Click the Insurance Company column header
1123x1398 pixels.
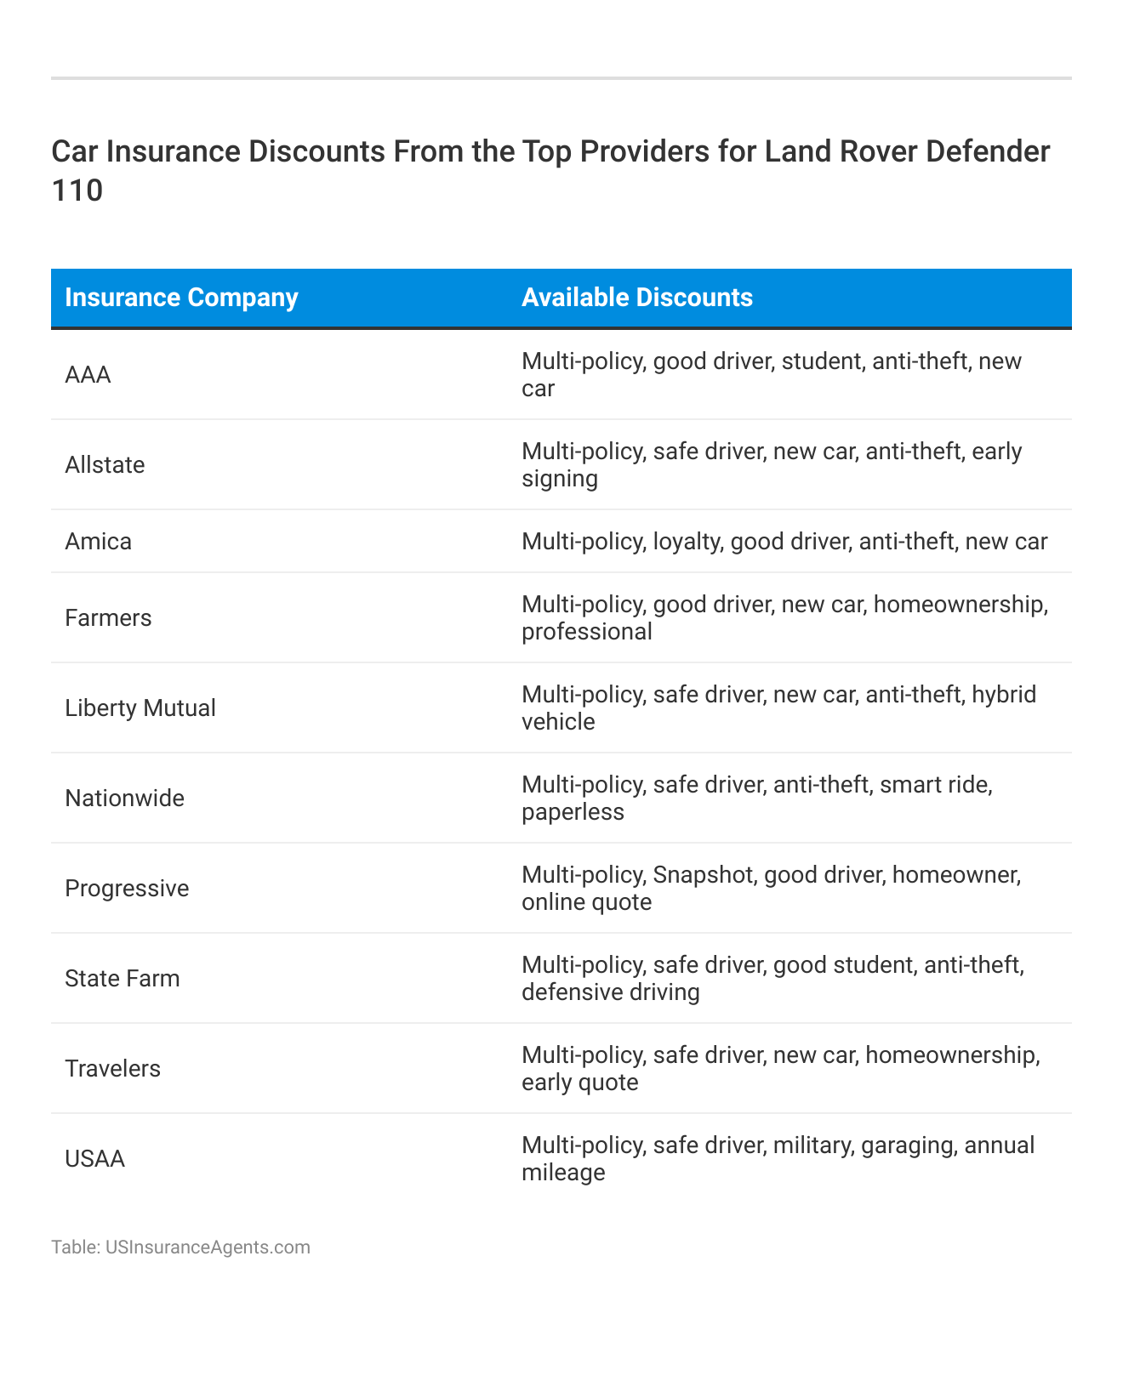[x=181, y=298]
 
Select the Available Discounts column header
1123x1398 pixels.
[x=636, y=298]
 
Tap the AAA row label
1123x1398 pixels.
[x=88, y=375]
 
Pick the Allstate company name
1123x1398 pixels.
[x=105, y=465]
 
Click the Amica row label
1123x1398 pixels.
[x=98, y=542]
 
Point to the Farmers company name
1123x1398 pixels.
[x=108, y=618]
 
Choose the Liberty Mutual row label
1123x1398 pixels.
[x=140, y=708]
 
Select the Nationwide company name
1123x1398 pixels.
[x=124, y=798]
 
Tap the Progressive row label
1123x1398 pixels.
[x=127, y=889]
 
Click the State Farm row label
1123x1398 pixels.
[x=123, y=979]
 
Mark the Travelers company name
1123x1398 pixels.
[x=112, y=1069]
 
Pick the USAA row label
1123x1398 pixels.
[x=94, y=1159]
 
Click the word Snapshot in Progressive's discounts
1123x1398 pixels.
[x=704, y=875]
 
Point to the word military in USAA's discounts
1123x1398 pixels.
[x=812, y=1145]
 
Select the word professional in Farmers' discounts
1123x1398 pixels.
[x=587, y=632]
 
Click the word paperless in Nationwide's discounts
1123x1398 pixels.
[x=573, y=812]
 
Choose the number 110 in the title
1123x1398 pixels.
[x=77, y=190]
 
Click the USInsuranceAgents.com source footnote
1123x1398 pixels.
[x=180, y=1247]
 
